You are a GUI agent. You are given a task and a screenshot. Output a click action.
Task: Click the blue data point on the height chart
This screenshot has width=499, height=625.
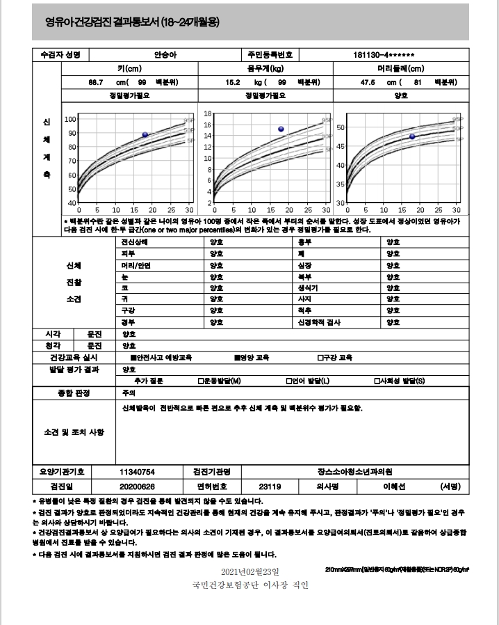tap(145, 134)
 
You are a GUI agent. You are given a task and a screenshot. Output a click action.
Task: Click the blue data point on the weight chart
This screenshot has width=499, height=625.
tap(281, 129)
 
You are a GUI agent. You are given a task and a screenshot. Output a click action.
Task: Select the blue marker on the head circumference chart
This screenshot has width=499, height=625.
tap(411, 136)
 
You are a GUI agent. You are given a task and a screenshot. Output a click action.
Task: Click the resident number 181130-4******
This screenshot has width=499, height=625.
tap(384, 55)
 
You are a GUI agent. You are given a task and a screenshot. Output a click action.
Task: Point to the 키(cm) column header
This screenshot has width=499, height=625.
tap(130, 68)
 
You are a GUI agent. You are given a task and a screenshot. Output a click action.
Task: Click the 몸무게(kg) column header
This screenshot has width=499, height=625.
tap(266, 68)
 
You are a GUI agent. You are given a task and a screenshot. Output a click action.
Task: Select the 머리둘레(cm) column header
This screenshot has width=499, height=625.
tap(401, 68)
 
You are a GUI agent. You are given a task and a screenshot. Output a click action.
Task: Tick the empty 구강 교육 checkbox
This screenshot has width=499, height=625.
tap(319, 357)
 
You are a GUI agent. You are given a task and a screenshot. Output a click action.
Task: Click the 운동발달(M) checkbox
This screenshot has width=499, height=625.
tap(200, 381)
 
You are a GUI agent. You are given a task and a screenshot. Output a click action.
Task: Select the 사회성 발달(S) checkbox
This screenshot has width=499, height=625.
tap(376, 381)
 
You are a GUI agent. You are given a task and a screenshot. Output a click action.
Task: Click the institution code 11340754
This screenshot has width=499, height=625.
tap(137, 471)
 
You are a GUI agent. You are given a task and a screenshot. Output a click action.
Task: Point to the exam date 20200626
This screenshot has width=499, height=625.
tap(137, 486)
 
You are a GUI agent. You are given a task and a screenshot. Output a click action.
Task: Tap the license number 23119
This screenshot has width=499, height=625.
tap(270, 486)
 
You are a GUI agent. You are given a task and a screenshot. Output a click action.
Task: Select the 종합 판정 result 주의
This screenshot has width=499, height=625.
tap(128, 393)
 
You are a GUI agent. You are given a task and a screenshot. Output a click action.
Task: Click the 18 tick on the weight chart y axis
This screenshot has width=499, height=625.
tap(207, 113)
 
